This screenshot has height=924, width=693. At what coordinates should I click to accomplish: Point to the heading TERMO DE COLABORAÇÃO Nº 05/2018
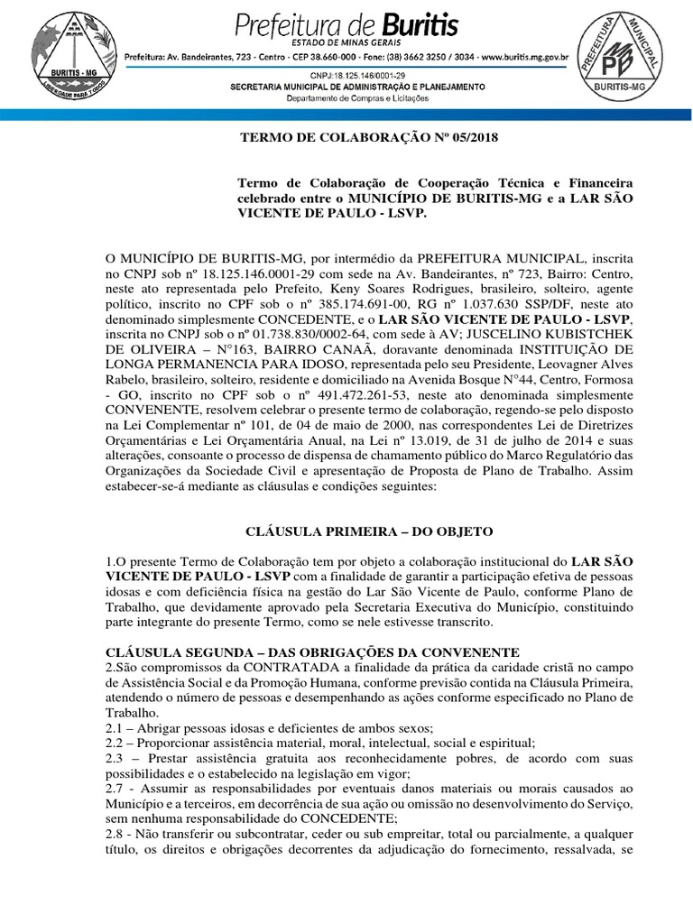coord(367,138)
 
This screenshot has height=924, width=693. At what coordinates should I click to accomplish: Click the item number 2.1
coord(117,729)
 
